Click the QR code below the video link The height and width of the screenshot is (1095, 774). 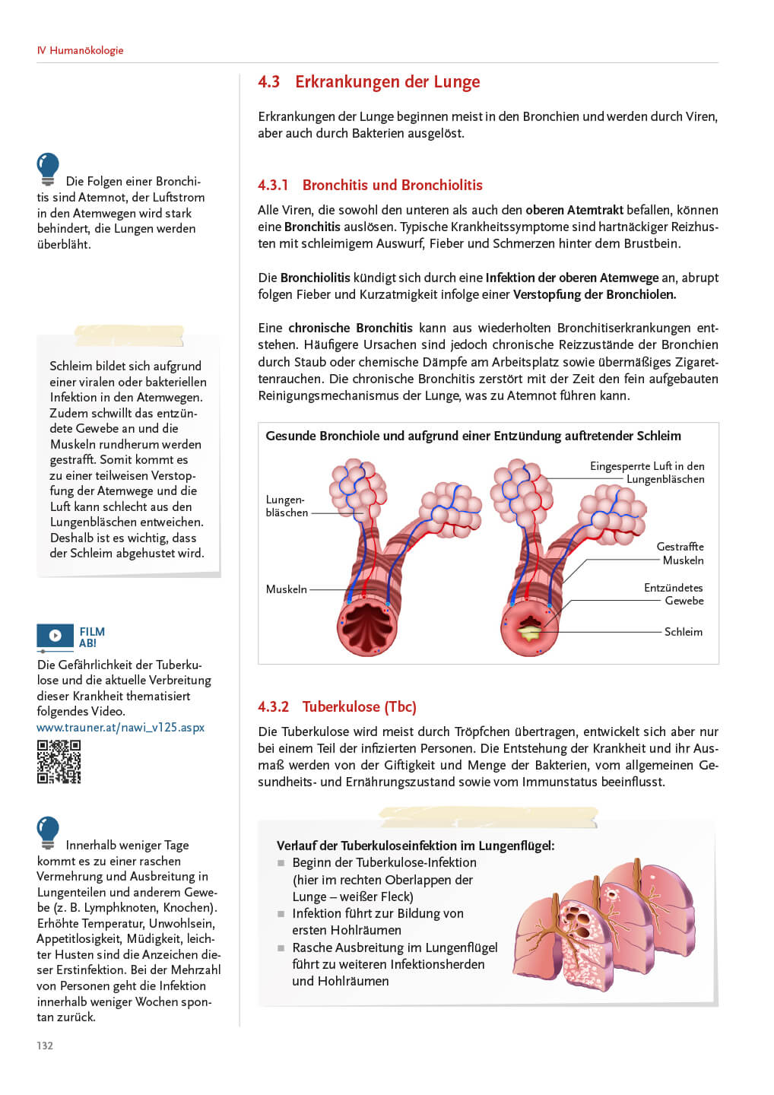pos(59,761)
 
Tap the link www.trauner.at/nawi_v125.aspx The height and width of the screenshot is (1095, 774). pos(120,728)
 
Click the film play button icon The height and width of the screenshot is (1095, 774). pos(56,635)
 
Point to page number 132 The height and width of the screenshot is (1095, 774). pos(45,1046)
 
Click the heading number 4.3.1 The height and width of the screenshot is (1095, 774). pos(273,186)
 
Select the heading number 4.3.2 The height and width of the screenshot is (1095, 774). pos(273,707)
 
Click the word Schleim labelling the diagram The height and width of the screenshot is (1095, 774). pos(683,632)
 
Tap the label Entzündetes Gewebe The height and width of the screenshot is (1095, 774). pos(674,595)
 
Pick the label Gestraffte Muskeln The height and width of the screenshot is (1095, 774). pos(680,554)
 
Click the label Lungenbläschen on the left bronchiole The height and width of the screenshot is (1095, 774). pos(286,506)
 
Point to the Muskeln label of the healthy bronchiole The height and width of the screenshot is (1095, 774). pos(286,589)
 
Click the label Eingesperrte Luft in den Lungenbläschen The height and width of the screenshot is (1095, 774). pos(648,473)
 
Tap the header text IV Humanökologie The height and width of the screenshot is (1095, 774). pos(80,50)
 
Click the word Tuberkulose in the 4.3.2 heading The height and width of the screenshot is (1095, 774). pos(341,707)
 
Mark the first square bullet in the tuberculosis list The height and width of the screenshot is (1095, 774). pos(281,863)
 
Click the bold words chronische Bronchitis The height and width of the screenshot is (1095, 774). pos(351,328)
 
